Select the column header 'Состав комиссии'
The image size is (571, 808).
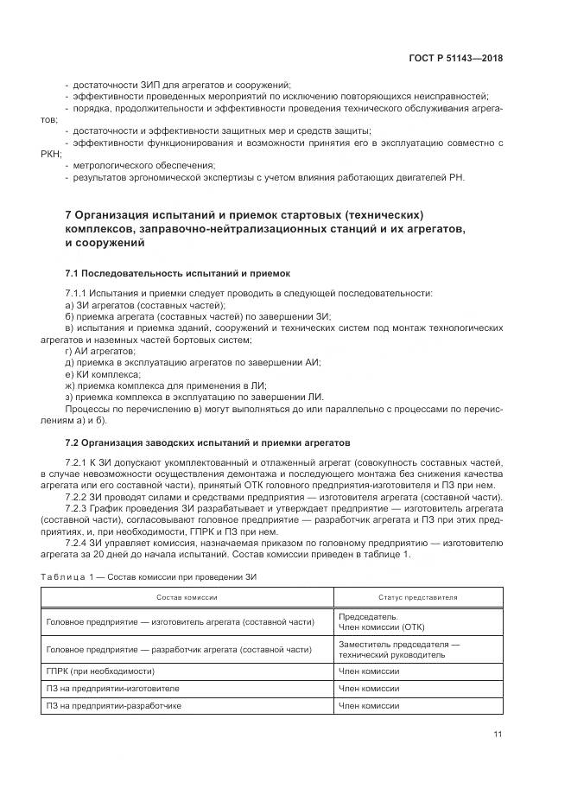tap(187, 597)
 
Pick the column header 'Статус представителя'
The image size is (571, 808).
tap(418, 597)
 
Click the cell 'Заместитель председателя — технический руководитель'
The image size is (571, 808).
tap(399, 650)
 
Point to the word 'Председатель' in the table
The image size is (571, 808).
tap(368, 617)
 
